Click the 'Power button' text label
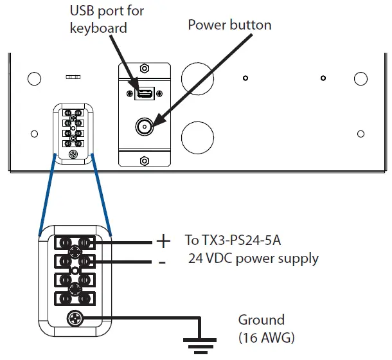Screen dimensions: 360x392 point(229,25)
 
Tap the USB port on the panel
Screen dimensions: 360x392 point(145,94)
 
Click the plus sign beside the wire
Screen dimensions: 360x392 point(163,241)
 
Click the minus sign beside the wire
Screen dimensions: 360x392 point(162,262)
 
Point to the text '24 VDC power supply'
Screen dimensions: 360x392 point(253,259)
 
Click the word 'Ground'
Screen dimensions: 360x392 point(261,319)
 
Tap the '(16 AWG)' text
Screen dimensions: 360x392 point(266,336)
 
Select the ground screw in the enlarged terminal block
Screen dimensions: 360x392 point(74,318)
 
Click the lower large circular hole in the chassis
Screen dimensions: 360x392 point(196,136)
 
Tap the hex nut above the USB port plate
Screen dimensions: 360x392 point(145,68)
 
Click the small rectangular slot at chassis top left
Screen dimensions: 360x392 point(73,76)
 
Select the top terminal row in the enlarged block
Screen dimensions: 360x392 point(74,242)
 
